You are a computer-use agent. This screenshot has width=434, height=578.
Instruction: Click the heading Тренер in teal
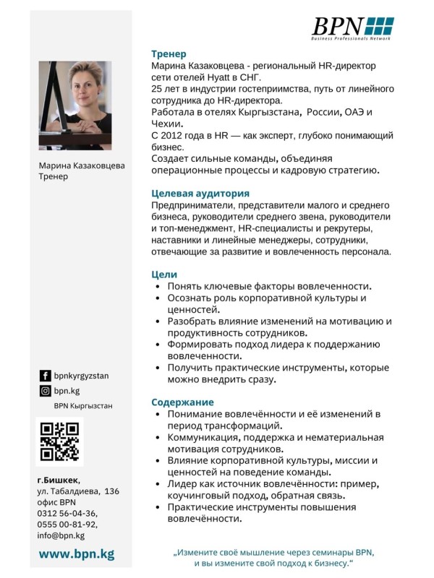(169, 53)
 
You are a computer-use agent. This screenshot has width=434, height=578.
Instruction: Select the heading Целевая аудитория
(200, 194)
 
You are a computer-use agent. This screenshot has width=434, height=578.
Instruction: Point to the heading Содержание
(182, 402)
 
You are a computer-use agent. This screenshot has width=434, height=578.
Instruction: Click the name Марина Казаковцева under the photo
(81, 165)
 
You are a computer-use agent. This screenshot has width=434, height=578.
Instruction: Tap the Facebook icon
(45, 376)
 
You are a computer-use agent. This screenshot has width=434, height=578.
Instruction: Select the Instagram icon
(45, 391)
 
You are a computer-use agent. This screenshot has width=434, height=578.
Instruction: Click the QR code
(59, 441)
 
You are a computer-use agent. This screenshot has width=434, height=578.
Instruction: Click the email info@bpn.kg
(61, 535)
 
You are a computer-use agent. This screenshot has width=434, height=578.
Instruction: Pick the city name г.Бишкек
(59, 480)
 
